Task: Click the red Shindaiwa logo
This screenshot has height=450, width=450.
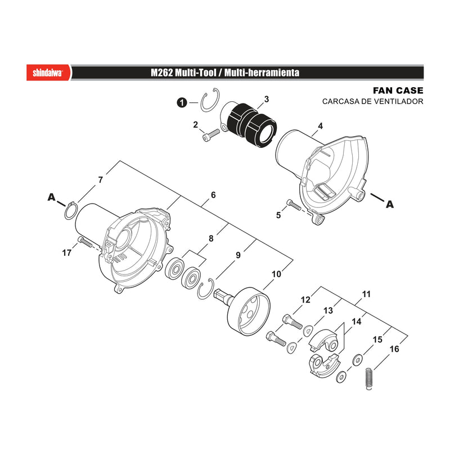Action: click(48, 73)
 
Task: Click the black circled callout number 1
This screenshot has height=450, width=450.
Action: click(182, 102)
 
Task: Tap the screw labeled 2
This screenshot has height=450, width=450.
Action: click(211, 134)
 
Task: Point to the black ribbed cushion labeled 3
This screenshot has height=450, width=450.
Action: click(252, 125)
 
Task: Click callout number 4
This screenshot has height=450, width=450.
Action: click(320, 125)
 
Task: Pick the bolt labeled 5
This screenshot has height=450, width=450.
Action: click(294, 205)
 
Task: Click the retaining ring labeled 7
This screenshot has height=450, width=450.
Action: click(71, 211)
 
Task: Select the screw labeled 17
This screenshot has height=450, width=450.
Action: click(84, 242)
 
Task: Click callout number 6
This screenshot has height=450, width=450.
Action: click(213, 195)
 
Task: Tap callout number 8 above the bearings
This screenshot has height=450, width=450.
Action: click(211, 238)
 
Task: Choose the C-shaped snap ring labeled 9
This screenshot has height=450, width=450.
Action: click(205, 289)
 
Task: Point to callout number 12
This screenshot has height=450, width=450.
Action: click(305, 300)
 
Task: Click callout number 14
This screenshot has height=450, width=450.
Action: click(357, 321)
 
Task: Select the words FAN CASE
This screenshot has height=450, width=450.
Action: click(398, 91)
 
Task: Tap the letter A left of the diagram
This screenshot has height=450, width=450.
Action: click(51, 197)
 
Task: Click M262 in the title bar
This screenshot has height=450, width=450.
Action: click(162, 73)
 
